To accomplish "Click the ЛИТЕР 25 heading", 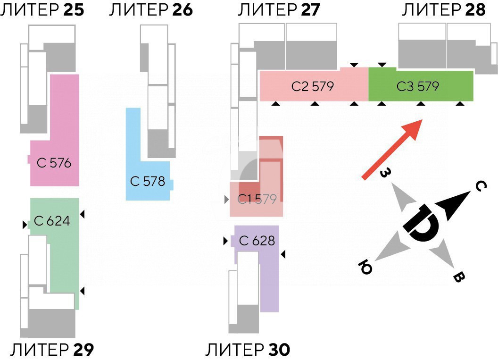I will [42, 10].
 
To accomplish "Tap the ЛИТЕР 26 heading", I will [151, 10].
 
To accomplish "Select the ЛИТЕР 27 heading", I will [279, 10].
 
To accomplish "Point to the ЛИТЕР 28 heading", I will [443, 10].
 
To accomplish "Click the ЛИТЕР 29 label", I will [52, 350].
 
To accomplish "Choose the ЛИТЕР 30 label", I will [248, 350].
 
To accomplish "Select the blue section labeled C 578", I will [148, 181].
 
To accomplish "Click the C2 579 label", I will [313, 86].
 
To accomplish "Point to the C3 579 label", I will [418, 86].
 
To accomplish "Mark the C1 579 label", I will [257, 199].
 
